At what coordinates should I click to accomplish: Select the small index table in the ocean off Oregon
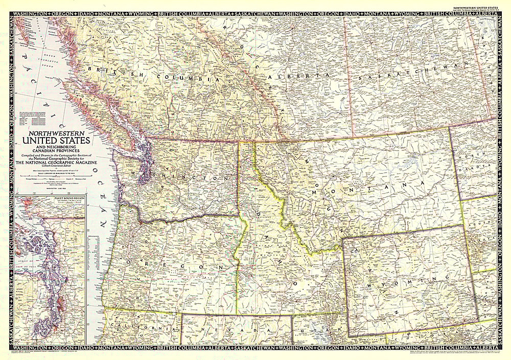click(x=94, y=246)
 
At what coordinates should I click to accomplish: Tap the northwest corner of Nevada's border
click(x=181, y=314)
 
